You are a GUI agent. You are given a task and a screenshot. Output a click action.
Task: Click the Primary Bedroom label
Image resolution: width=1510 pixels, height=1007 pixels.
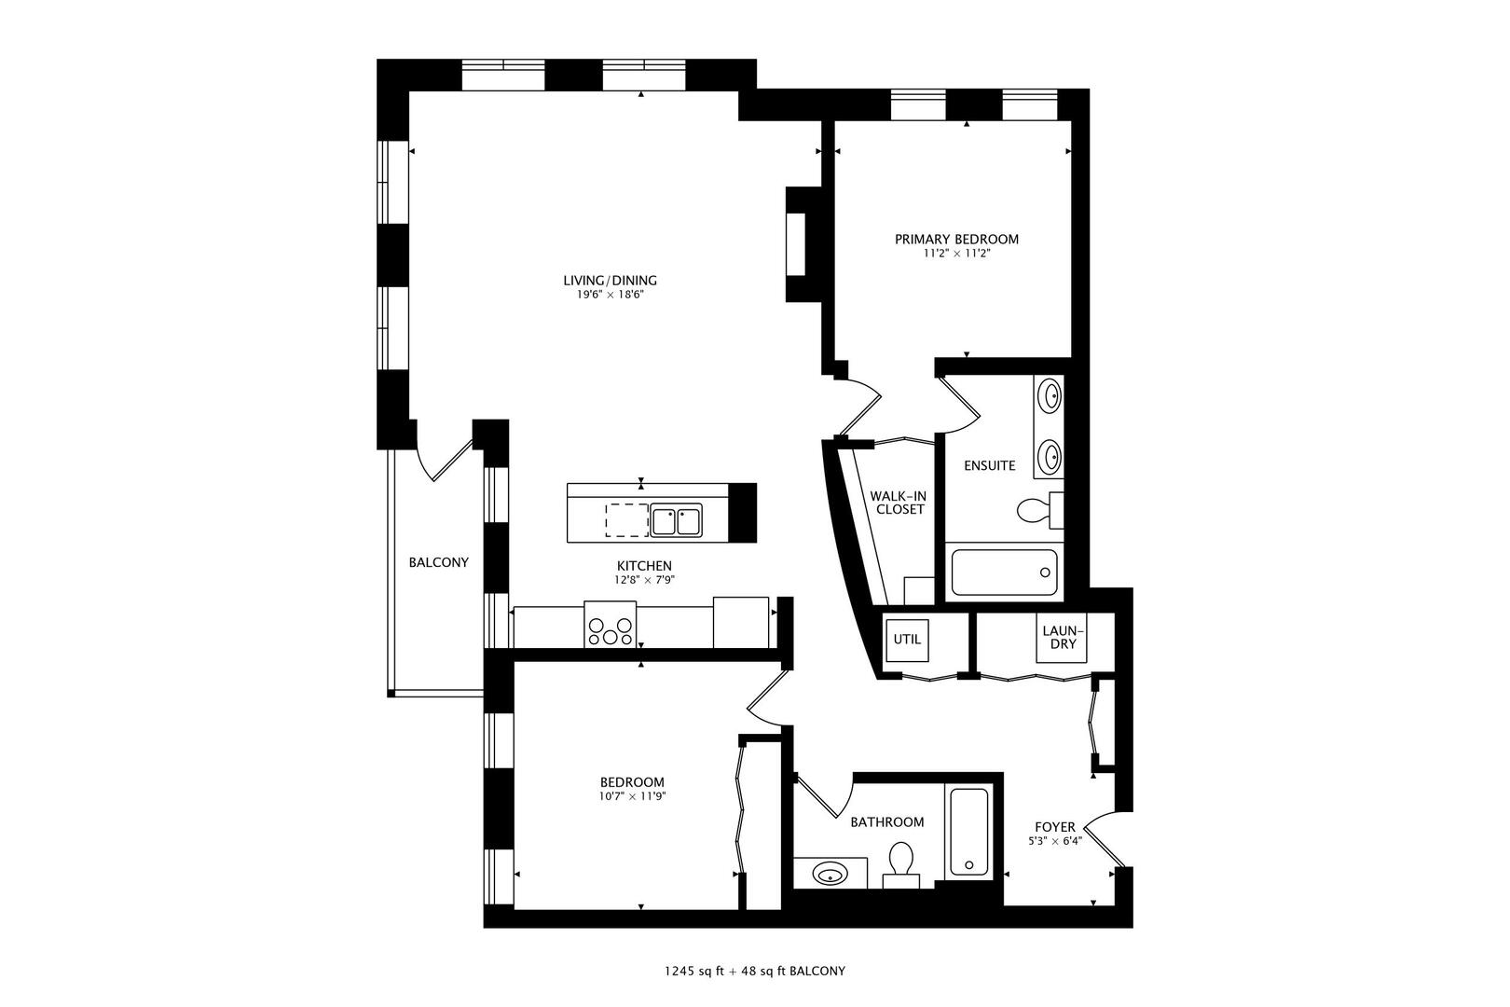click(956, 240)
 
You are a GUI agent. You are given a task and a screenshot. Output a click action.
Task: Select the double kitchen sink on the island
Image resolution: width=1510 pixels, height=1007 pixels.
click(677, 520)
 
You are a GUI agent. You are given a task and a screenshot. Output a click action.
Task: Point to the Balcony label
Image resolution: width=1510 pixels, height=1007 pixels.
click(438, 563)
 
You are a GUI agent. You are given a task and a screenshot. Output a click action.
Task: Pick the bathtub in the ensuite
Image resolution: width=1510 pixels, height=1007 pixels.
click(1004, 570)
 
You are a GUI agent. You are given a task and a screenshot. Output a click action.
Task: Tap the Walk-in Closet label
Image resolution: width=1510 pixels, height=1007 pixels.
click(898, 503)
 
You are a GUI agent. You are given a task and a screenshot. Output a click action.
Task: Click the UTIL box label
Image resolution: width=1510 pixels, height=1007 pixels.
click(907, 640)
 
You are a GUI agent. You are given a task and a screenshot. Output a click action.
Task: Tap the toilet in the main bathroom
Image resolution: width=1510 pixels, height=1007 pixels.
click(900, 863)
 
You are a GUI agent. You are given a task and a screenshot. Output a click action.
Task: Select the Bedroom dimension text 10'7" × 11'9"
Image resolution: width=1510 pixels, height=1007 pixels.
click(633, 797)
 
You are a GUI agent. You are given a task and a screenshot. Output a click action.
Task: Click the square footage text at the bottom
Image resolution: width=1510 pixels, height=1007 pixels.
click(755, 971)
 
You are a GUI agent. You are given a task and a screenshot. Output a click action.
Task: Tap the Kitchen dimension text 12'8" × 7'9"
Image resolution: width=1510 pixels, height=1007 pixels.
click(644, 580)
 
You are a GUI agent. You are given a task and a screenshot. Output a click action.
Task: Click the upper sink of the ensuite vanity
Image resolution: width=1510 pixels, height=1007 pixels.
click(1050, 396)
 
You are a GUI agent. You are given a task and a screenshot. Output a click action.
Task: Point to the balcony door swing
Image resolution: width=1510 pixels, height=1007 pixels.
click(445, 462)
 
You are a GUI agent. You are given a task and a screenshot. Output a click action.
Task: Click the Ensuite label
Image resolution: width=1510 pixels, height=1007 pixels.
click(989, 466)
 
